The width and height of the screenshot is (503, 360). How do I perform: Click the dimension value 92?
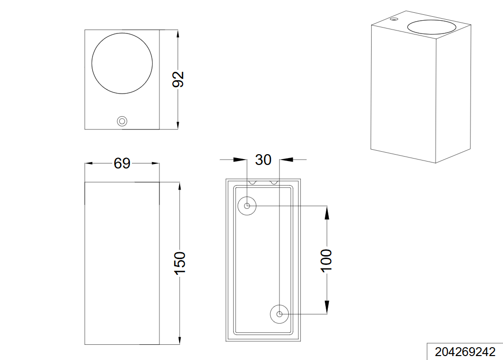tap(178, 79)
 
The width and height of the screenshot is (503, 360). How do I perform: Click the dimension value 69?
tap(122, 164)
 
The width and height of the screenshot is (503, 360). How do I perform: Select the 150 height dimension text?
tap(180, 263)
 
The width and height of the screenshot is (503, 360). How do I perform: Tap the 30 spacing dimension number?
tap(263, 160)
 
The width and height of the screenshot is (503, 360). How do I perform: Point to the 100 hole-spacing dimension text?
tap(327, 260)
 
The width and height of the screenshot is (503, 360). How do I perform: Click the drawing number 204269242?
tap(465, 352)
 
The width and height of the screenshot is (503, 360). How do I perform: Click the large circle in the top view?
tap(122, 33)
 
